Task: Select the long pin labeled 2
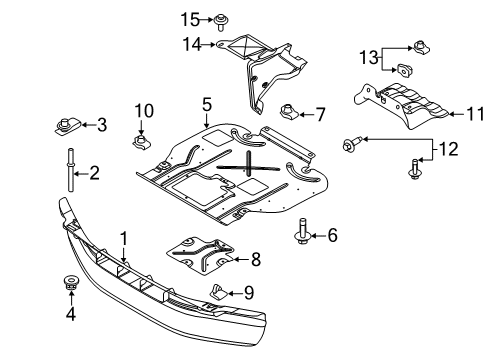click(x=73, y=173)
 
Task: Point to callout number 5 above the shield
click(x=206, y=104)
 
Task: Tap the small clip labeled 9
click(x=216, y=292)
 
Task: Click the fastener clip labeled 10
click(x=141, y=140)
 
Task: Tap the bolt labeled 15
click(x=218, y=19)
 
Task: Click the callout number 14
click(x=190, y=43)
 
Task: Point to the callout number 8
click(x=256, y=259)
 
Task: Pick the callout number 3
click(x=100, y=125)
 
